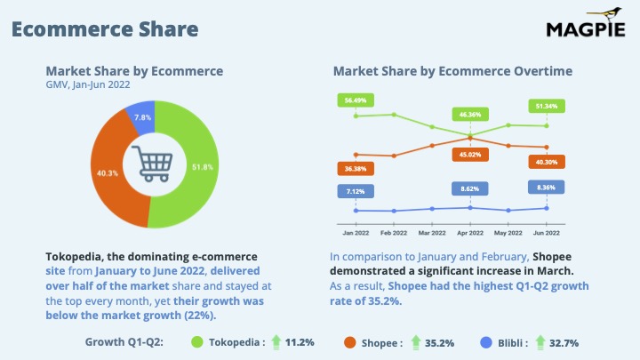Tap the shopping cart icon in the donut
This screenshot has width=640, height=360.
152,164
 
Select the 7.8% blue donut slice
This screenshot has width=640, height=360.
140,117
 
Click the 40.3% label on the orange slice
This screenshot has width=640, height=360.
108,173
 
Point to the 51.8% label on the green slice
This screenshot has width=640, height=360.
203,167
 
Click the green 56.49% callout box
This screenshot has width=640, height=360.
356,100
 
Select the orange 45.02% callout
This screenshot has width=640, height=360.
470,155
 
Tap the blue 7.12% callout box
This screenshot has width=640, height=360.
356,191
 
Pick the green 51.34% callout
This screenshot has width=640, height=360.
547,106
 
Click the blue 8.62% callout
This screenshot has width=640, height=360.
470,189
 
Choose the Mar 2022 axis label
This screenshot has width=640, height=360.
432,233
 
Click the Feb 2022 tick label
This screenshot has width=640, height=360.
394,233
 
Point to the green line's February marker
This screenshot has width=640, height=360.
394,115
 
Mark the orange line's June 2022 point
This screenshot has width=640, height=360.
547,147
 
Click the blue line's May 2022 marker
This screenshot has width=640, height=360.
508,211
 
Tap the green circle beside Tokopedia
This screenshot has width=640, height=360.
197,342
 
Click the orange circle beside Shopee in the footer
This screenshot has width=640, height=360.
350,342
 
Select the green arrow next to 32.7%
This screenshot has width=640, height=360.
540,342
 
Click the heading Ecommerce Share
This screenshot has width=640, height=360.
105,29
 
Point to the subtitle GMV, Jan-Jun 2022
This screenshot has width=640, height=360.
88,85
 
